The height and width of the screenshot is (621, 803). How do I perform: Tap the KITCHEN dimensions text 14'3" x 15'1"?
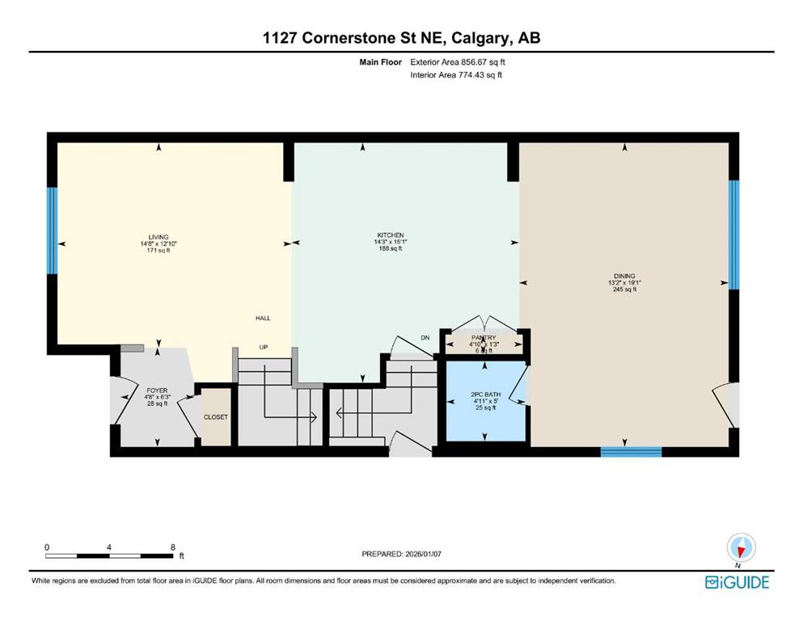coord(390,242)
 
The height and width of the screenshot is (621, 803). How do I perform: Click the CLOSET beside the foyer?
coord(216,417)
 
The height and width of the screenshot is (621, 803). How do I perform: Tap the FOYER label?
coord(157,391)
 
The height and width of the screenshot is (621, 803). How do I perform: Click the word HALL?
coord(262,318)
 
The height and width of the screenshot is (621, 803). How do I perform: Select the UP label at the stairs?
coord(263,347)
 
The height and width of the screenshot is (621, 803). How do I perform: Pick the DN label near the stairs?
coord(425,338)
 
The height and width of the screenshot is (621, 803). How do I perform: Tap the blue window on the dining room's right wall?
coord(733,234)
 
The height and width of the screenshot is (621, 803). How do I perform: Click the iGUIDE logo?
coord(737,582)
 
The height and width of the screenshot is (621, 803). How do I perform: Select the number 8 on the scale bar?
coord(173,547)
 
